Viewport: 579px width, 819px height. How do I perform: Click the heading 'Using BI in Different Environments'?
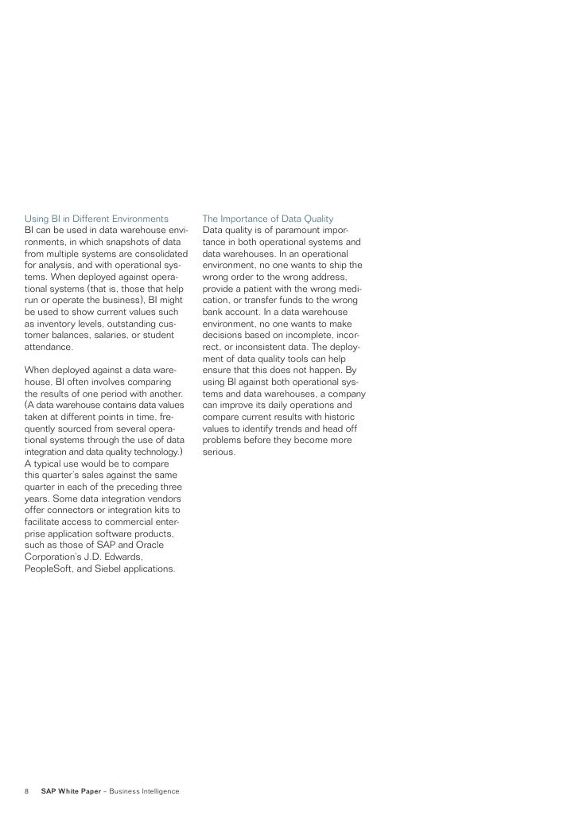pos(97,218)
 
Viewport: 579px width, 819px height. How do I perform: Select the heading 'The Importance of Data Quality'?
pos(268,218)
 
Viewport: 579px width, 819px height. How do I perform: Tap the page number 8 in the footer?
pos(27,791)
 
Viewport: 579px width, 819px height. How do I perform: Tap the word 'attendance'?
pos(49,347)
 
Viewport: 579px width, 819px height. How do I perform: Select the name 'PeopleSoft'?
pos(51,569)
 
